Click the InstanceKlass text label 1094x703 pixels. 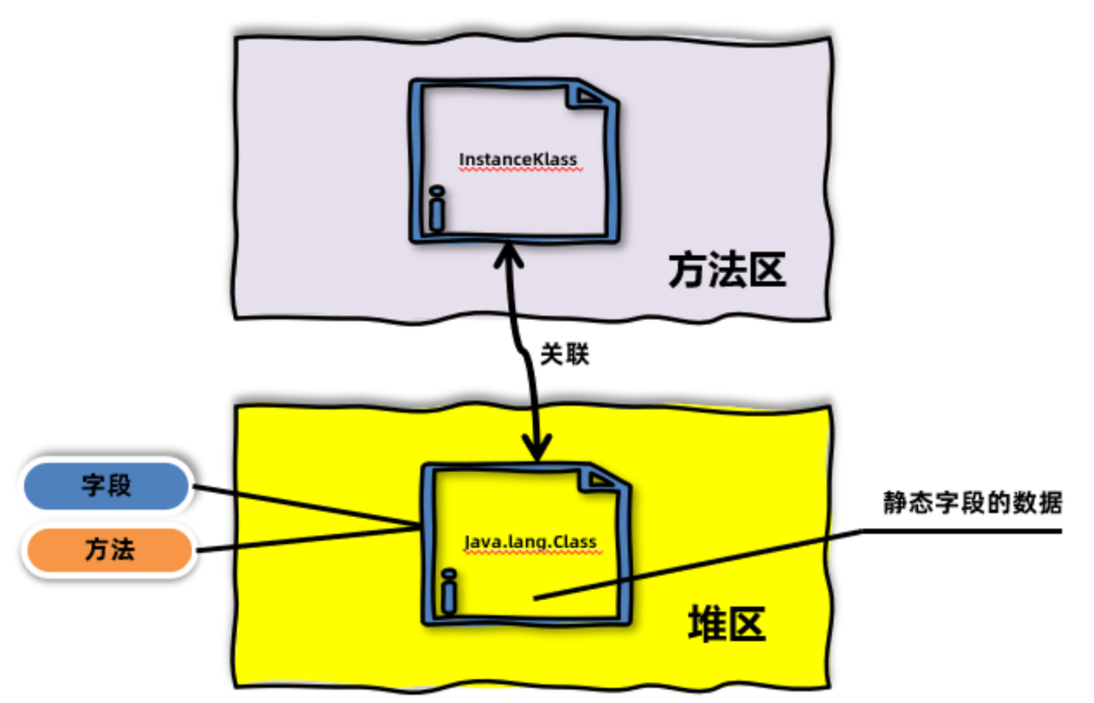coord(518,160)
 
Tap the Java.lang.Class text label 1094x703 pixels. coord(531,542)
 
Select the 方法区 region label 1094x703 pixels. coord(727,270)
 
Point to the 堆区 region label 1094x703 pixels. coord(727,624)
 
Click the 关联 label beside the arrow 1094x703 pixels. coord(564,355)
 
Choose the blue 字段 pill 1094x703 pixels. coord(106,485)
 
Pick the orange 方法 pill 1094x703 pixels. coord(109,550)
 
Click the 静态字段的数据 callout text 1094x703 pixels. coord(972,503)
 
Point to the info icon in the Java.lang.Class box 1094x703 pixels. coord(449,592)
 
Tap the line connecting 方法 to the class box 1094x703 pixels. coord(304,541)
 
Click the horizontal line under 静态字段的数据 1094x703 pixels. coord(961,531)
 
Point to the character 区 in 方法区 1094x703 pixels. coord(768,270)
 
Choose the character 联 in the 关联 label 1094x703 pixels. coord(576,355)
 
